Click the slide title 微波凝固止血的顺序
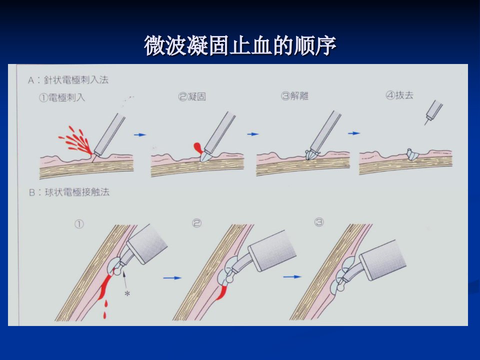(x=240, y=45)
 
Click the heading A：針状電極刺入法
(x=68, y=80)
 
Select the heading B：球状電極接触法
(x=69, y=192)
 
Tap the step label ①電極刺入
(x=62, y=97)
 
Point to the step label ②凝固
(x=192, y=96)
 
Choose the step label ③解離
(x=294, y=96)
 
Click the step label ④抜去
(x=399, y=95)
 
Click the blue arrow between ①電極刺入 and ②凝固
(x=140, y=134)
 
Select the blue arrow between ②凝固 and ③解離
(x=253, y=134)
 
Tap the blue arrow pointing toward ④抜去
(x=354, y=133)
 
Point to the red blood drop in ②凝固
(x=198, y=148)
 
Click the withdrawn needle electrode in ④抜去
(x=433, y=112)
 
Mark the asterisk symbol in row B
(x=127, y=293)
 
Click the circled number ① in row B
(x=79, y=224)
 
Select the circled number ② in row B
(x=196, y=223)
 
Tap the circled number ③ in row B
(x=319, y=222)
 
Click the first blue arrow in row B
(x=172, y=278)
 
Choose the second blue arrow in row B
(x=292, y=276)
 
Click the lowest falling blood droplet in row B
(x=104, y=315)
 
